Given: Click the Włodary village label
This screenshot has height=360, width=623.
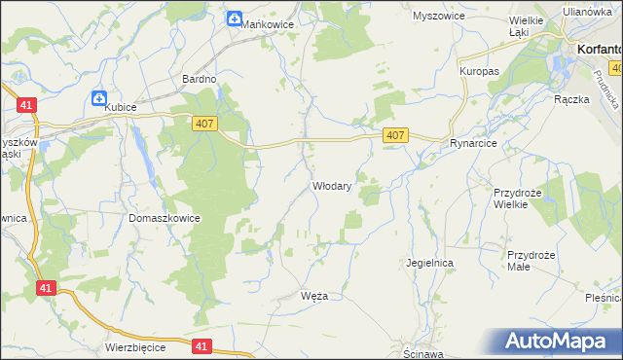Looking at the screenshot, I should (x=331, y=185).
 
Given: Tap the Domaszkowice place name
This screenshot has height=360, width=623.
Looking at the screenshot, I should (x=165, y=218).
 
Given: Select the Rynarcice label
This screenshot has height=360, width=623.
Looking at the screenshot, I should (x=474, y=143).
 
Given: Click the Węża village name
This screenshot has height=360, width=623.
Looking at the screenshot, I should (x=315, y=296).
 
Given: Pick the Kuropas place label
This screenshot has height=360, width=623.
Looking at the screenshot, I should (x=479, y=71).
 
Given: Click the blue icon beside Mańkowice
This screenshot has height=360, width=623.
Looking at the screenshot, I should (x=235, y=18).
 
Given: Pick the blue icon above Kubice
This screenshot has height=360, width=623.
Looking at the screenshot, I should (x=99, y=97).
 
